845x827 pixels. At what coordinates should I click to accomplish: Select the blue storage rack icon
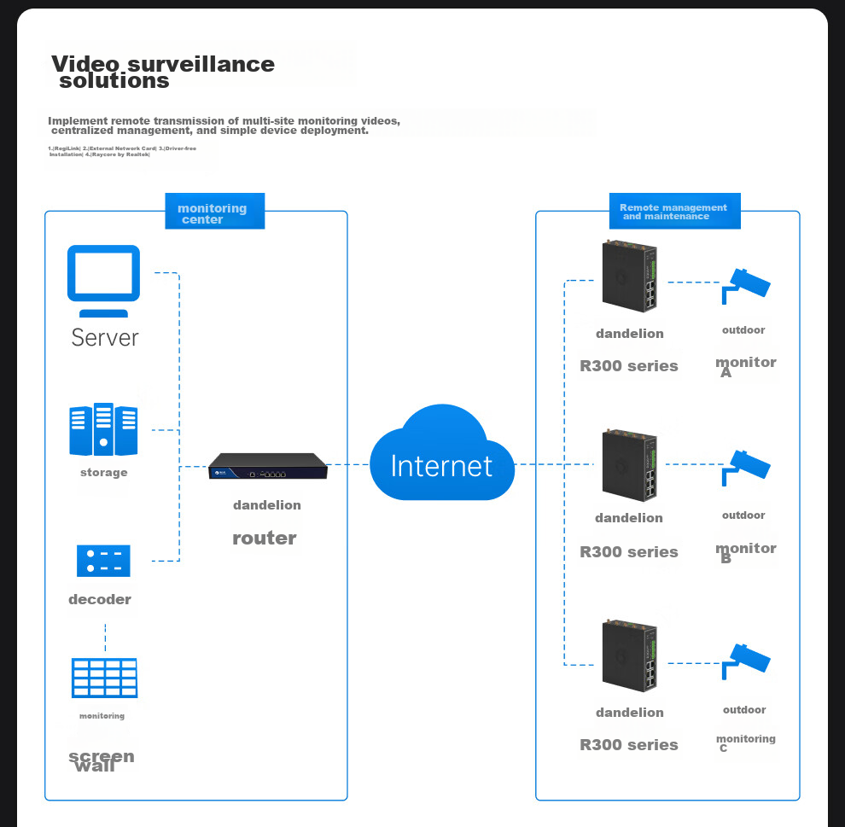point(103,429)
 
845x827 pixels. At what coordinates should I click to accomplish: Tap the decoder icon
point(103,561)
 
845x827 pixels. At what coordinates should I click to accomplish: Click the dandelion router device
point(268,466)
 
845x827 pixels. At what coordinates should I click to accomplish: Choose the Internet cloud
point(442,454)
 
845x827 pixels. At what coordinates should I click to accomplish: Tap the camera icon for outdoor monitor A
point(745,285)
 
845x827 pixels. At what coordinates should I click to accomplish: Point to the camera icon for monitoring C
point(745,661)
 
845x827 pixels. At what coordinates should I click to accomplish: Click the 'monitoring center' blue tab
point(214,212)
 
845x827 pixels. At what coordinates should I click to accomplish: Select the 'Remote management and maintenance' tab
point(674,212)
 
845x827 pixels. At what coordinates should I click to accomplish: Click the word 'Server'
point(104,338)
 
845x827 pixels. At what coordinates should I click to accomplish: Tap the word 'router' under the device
point(265,539)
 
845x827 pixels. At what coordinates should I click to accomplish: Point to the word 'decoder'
point(100,600)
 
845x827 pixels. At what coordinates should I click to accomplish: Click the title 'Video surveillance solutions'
point(163,73)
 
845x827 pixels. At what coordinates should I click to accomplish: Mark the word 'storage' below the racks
point(104,473)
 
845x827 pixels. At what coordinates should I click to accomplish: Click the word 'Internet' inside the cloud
point(441,466)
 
